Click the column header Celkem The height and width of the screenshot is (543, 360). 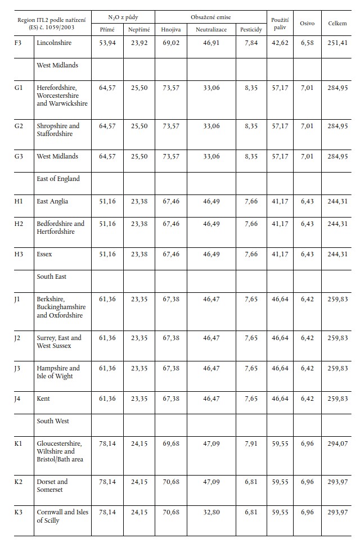tap(337, 24)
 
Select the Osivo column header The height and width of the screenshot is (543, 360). tap(307, 24)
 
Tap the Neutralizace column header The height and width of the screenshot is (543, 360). tap(211, 29)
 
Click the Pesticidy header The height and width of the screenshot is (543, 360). tap(250, 29)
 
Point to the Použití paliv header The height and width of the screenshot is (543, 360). tap(280, 23)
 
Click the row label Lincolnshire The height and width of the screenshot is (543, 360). tap(54, 43)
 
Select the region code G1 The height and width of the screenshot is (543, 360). tap(19, 88)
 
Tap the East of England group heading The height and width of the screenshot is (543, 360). tap(58, 179)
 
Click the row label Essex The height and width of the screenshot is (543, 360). tap(44, 254)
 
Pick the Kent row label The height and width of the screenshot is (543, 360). tap(43, 399)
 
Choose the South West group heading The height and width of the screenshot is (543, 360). tap(53, 421)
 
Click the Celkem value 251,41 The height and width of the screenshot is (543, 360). tap(337, 43)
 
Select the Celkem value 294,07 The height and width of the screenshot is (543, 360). tap(337, 444)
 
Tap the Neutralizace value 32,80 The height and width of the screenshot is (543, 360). tap(211, 513)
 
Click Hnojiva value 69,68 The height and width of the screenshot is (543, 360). tap(170, 444)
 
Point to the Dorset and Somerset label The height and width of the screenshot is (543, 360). tap(52, 486)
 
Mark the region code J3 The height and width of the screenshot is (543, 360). tap(17, 368)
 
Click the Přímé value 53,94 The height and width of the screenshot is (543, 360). tap(107, 43)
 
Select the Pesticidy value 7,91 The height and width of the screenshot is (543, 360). tap(251, 444)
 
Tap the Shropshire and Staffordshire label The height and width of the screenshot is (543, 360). tap(58, 130)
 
